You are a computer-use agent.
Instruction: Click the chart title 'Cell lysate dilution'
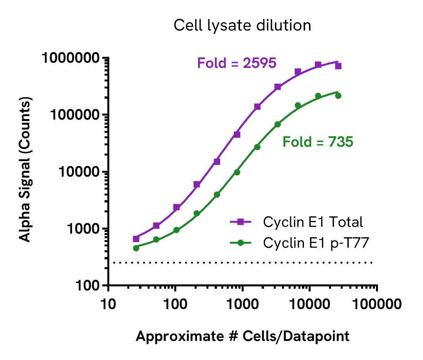(242, 26)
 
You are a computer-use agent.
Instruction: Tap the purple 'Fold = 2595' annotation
(237, 63)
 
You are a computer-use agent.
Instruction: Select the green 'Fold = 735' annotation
(318, 142)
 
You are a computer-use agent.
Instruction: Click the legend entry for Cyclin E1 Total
(313, 222)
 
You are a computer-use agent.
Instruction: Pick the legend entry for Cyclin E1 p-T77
(316, 243)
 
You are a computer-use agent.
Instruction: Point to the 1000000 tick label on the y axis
(71, 58)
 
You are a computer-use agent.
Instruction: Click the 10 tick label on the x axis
(108, 304)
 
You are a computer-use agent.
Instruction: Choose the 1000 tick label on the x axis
(242, 304)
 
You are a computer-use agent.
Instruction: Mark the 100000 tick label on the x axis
(377, 304)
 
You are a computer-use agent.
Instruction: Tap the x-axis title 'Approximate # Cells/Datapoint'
(242, 336)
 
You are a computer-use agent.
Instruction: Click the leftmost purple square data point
(136, 239)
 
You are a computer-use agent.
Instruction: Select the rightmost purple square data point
(338, 66)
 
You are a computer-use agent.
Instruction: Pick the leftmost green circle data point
(136, 248)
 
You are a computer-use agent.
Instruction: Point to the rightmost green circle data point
(338, 96)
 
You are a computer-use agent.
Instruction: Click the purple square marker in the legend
(241, 222)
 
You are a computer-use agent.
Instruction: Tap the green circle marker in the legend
(241, 243)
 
